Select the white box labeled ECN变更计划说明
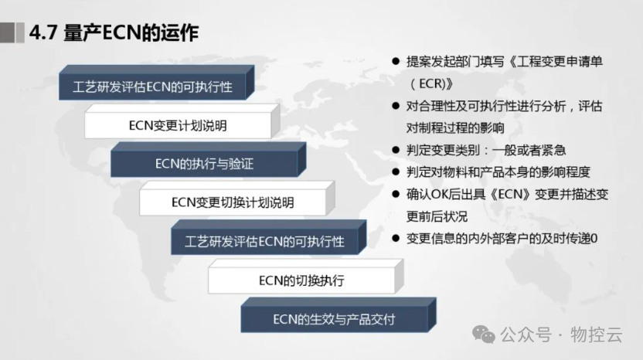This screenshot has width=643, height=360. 178,124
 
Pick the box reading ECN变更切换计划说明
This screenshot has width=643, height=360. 233,202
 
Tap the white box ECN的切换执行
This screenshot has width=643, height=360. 301,280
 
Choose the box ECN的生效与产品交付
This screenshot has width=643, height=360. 334,319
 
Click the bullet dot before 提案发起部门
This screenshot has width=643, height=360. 396,62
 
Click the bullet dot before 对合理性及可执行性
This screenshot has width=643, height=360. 396,107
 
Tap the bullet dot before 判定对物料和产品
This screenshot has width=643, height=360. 396,172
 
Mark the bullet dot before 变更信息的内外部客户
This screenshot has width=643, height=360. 396,239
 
